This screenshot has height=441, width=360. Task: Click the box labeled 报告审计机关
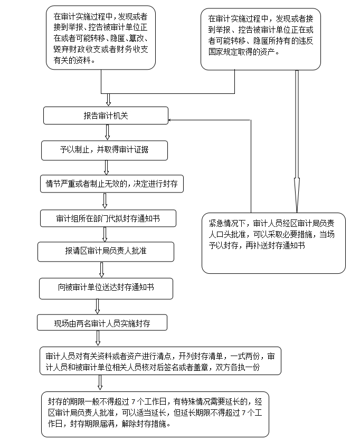click(106, 116)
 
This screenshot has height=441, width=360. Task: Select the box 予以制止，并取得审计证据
click(105, 150)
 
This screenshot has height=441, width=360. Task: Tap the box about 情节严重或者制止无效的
click(111, 184)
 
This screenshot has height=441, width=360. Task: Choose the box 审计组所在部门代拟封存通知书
click(108, 218)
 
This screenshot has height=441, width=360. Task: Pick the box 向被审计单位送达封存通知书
click(106, 288)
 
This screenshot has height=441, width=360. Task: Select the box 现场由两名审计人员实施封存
click(102, 323)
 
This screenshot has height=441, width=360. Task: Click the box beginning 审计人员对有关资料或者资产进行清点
click(160, 361)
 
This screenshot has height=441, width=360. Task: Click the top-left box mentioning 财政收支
click(101, 37)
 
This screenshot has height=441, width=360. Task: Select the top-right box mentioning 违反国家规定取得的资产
click(261, 39)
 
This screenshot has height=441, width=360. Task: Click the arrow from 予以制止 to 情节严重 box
click(107, 167)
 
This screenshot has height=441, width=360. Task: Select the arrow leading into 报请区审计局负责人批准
click(105, 234)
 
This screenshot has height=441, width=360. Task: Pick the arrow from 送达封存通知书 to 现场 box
click(97, 306)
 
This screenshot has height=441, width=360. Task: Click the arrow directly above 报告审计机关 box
click(109, 100)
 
